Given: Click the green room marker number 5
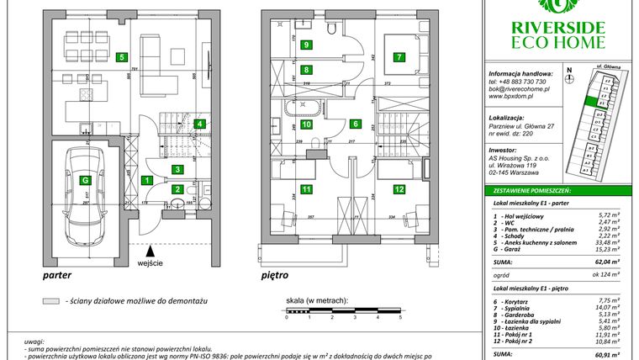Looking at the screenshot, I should pos(123,58).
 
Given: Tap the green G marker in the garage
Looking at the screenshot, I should pos(85,179).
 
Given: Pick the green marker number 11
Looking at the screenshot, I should pos(307,190).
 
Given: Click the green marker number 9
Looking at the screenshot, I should pos(307,45).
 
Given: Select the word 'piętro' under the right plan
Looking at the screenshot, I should pos(275,275).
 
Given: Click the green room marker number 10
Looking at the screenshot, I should pos(307,124).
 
